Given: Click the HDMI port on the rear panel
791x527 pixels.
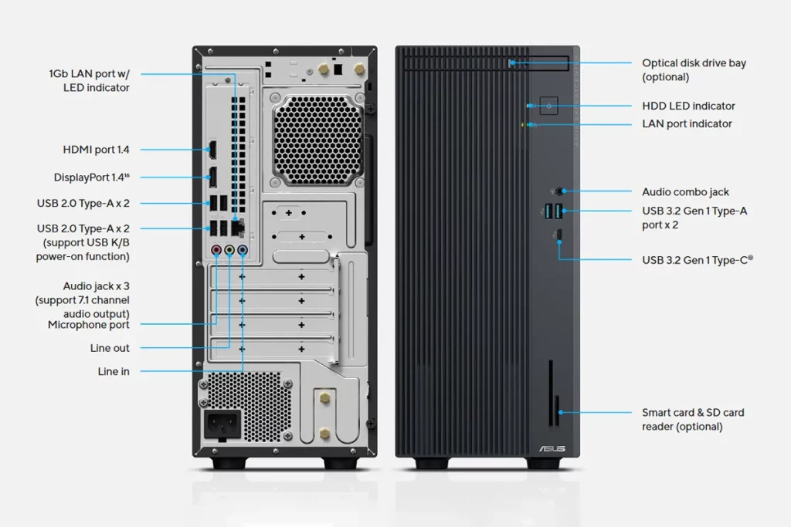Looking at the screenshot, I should click(x=210, y=150).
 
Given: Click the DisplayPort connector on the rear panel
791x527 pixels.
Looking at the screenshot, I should click(x=210, y=177).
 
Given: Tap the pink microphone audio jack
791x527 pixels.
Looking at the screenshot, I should click(x=217, y=250).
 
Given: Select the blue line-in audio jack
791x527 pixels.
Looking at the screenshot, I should click(x=243, y=250).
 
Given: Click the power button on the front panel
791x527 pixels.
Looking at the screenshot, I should click(x=548, y=106).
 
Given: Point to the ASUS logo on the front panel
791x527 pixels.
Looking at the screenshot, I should click(x=552, y=449).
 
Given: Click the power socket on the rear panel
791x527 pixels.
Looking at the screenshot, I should click(x=222, y=424).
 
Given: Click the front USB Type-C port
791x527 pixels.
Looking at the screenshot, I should click(x=558, y=236).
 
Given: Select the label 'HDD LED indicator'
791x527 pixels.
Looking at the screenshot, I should click(x=688, y=106).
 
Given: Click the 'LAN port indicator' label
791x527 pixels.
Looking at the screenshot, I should click(x=687, y=123).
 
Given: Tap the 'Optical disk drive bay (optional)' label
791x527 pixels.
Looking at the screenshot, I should click(x=694, y=70).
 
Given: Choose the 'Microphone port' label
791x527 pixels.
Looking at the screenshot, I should click(x=89, y=325).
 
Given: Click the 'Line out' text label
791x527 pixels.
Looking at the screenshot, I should click(x=110, y=348).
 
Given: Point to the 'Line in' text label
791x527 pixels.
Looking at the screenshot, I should click(x=114, y=371).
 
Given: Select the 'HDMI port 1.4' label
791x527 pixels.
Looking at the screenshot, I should click(x=96, y=150).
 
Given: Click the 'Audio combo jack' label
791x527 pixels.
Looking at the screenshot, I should click(x=685, y=192).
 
